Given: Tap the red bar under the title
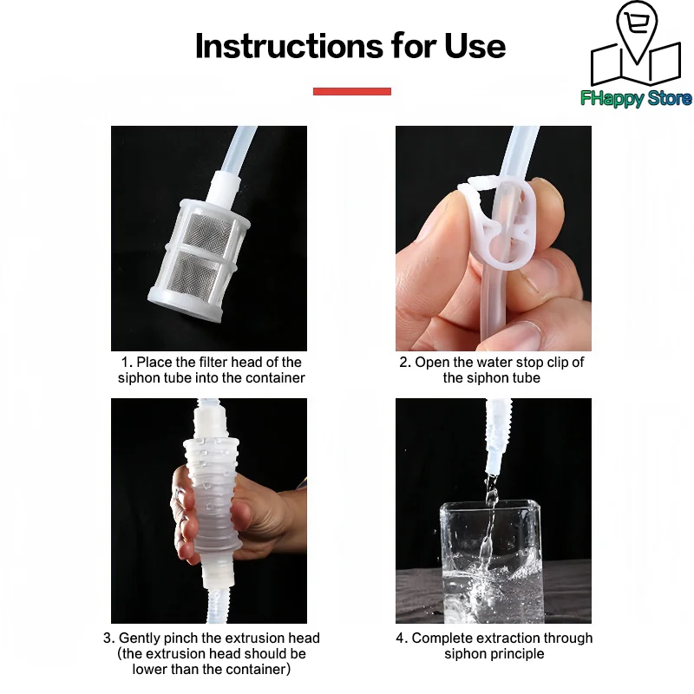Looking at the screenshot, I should click(351, 91).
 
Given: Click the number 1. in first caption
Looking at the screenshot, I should click(126, 363).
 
